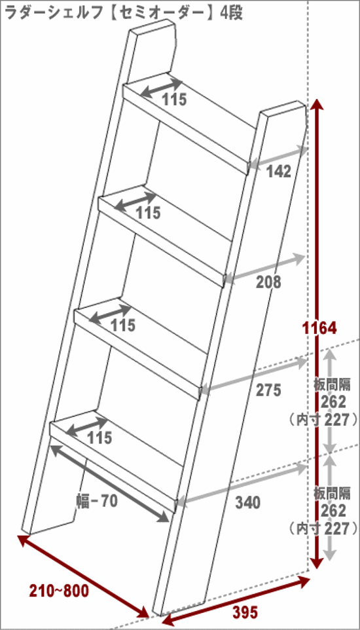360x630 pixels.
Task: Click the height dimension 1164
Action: click(319, 328)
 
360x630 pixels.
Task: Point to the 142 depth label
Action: click(278, 172)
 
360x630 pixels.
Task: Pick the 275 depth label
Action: click(268, 390)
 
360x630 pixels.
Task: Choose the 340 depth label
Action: click(248, 502)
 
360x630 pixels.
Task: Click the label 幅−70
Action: click(97, 501)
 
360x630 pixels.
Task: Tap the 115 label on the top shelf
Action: click(175, 100)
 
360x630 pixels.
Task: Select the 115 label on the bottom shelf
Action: click(100, 438)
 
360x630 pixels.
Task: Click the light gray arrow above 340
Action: click(241, 484)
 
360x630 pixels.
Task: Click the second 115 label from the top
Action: click(148, 213)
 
